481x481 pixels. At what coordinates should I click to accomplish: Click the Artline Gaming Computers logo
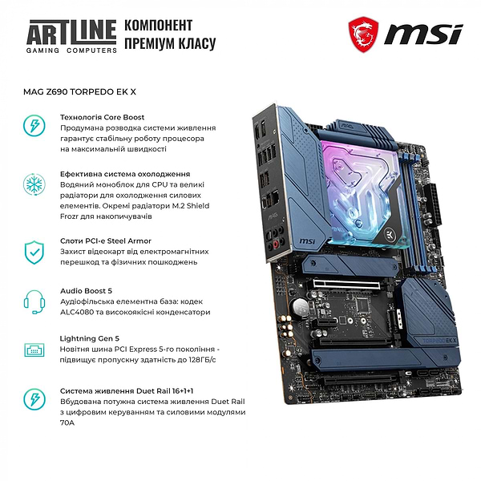tap(70, 35)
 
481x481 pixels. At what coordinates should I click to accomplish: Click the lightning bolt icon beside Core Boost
tap(34, 127)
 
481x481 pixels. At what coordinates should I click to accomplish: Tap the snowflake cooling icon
tap(34, 184)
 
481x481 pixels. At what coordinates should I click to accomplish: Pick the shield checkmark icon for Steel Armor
tap(34, 251)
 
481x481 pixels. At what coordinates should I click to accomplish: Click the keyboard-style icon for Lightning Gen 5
tap(34, 350)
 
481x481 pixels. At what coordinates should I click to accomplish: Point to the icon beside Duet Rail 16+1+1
tap(34, 399)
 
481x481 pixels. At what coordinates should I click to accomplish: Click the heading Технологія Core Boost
tap(102, 117)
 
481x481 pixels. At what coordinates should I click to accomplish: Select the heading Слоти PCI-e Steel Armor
tap(105, 240)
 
